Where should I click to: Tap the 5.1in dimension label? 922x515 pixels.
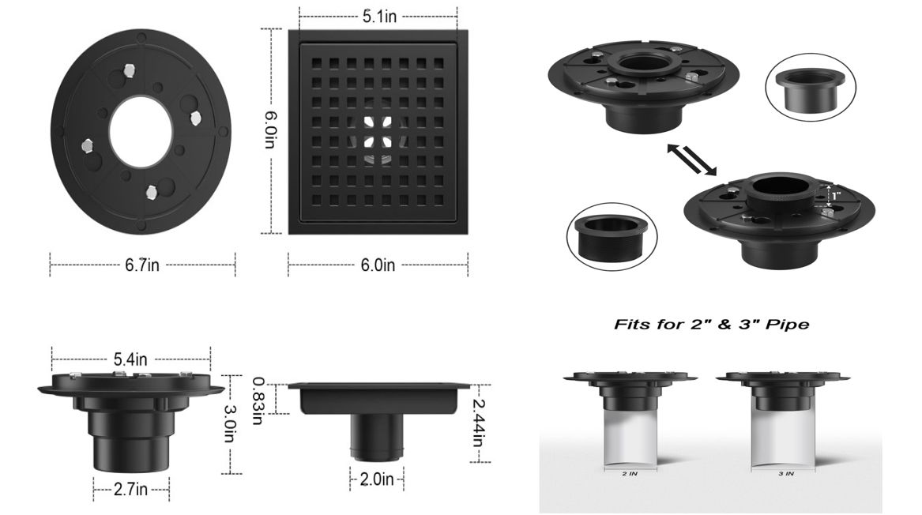(x=379, y=17)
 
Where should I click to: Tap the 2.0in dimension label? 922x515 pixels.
(x=377, y=479)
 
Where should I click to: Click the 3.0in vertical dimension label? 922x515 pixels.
(x=229, y=424)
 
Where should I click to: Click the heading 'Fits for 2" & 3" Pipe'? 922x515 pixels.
(x=712, y=325)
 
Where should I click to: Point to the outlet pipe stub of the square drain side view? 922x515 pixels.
(x=377, y=436)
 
